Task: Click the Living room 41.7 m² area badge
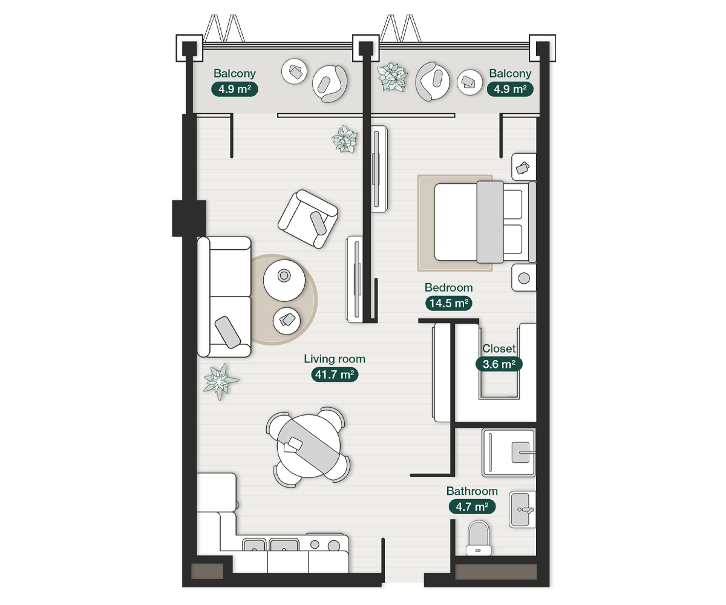tap(335, 374)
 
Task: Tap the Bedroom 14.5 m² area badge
tap(448, 303)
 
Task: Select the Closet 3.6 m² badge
tap(499, 364)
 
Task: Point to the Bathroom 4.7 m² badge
tap(472, 506)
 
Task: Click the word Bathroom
tap(472, 491)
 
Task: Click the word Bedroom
tap(448, 287)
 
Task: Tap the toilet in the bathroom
tap(479, 538)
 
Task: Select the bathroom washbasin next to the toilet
tap(522, 509)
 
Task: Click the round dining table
tap(309, 446)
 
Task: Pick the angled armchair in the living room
tap(308, 219)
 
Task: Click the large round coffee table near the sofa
tap(284, 281)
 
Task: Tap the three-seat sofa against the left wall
tap(224, 297)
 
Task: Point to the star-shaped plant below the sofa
tap(220, 381)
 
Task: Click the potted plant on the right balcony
tap(393, 77)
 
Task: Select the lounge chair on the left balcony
tap(330, 83)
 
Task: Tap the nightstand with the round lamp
tap(524, 278)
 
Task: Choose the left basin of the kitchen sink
tap(254, 545)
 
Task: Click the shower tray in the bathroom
tap(508, 453)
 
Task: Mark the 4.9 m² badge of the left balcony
tap(235, 90)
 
